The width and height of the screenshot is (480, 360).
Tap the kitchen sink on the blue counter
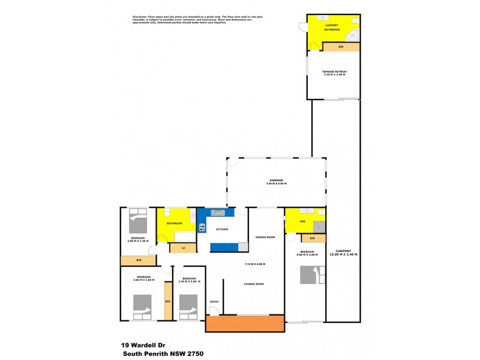[217, 212]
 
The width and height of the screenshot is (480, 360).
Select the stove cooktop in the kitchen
[202, 227]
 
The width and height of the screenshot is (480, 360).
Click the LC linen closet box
[182, 247]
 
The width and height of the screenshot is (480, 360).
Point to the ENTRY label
[214, 301]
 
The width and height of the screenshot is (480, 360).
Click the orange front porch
[245, 323]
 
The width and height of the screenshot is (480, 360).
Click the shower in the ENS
[320, 227]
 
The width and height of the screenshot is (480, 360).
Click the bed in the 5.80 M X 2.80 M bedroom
[313, 274]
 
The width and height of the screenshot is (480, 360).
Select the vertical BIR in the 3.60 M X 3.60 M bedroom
[168, 301]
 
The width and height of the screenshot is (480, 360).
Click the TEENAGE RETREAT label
[335, 71]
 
